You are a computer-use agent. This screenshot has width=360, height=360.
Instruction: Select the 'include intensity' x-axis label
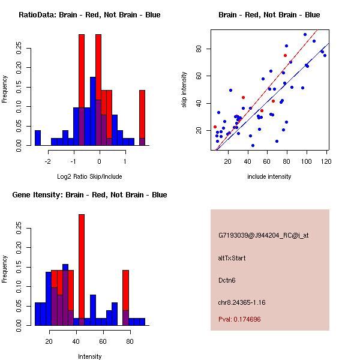[269, 176]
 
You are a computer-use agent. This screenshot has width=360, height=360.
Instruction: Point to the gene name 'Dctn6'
[227, 280]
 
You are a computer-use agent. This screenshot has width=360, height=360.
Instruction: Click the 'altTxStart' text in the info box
[232, 258]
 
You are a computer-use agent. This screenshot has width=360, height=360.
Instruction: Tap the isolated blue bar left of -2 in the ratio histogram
[38, 138]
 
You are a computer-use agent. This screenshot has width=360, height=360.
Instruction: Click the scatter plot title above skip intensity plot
[269, 15]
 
